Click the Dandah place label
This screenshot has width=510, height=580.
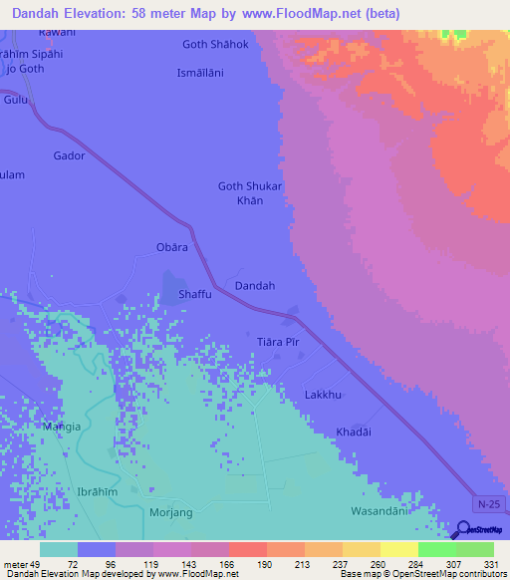click(x=254, y=286)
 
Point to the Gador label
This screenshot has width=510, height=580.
click(x=69, y=156)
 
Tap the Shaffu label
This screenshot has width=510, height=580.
click(x=194, y=295)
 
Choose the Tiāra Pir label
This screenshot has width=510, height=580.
click(x=278, y=341)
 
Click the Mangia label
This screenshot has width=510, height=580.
click(x=61, y=427)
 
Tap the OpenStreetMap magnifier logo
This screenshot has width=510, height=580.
click(x=465, y=531)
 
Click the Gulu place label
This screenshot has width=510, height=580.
click(x=15, y=101)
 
